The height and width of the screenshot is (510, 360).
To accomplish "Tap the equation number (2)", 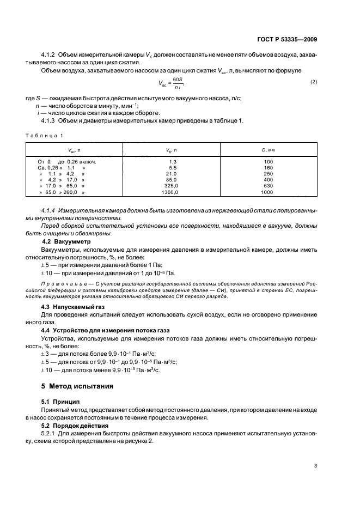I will pos(313,82).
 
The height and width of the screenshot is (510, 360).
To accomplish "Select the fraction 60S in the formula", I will pos(178,79).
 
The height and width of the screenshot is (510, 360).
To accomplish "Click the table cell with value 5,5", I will pos(173,168).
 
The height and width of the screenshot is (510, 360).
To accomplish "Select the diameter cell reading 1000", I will pos(267,192).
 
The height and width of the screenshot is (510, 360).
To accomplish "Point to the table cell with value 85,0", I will pos(173,180).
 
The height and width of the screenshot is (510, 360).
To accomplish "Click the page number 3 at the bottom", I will pos(316,465).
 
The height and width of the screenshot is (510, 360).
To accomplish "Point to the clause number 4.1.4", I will pos(50,210).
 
